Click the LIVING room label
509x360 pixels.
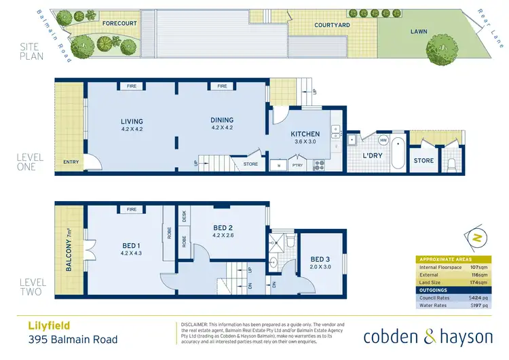pos(132,122)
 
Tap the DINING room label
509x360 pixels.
pos(223,122)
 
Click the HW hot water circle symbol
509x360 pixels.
pos(383,141)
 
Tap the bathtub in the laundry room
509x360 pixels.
pos(398,151)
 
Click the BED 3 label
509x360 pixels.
pos(321,259)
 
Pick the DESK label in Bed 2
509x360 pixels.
pos(185,217)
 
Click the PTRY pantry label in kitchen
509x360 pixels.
pos(297,164)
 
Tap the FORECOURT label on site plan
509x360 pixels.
pos(119,23)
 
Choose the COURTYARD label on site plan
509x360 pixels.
pos(332,25)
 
